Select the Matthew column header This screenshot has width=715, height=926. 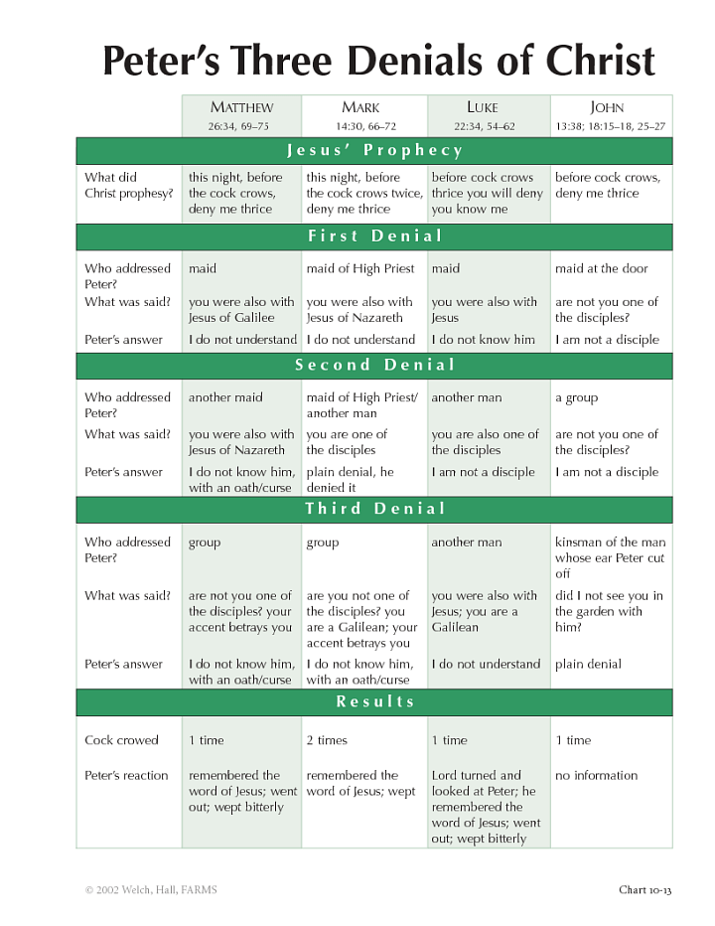pyautogui.click(x=241, y=107)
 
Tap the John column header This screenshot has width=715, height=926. pyautogui.click(x=607, y=107)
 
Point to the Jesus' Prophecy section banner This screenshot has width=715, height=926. pyautogui.click(x=374, y=151)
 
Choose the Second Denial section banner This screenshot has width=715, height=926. pyautogui.click(x=374, y=366)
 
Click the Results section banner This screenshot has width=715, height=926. pyautogui.click(x=374, y=701)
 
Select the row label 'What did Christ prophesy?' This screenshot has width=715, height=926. pyautogui.click(x=128, y=186)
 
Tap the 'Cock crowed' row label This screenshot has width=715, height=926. pyautogui.click(x=121, y=740)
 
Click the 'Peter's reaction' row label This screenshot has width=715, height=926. pyautogui.click(x=126, y=776)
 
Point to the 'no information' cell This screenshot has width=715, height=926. pyautogui.click(x=596, y=776)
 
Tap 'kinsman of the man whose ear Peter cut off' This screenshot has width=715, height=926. pyautogui.click(x=610, y=557)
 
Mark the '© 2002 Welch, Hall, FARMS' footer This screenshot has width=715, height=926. pyautogui.click(x=150, y=890)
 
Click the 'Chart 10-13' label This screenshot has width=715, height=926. pyautogui.click(x=644, y=890)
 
